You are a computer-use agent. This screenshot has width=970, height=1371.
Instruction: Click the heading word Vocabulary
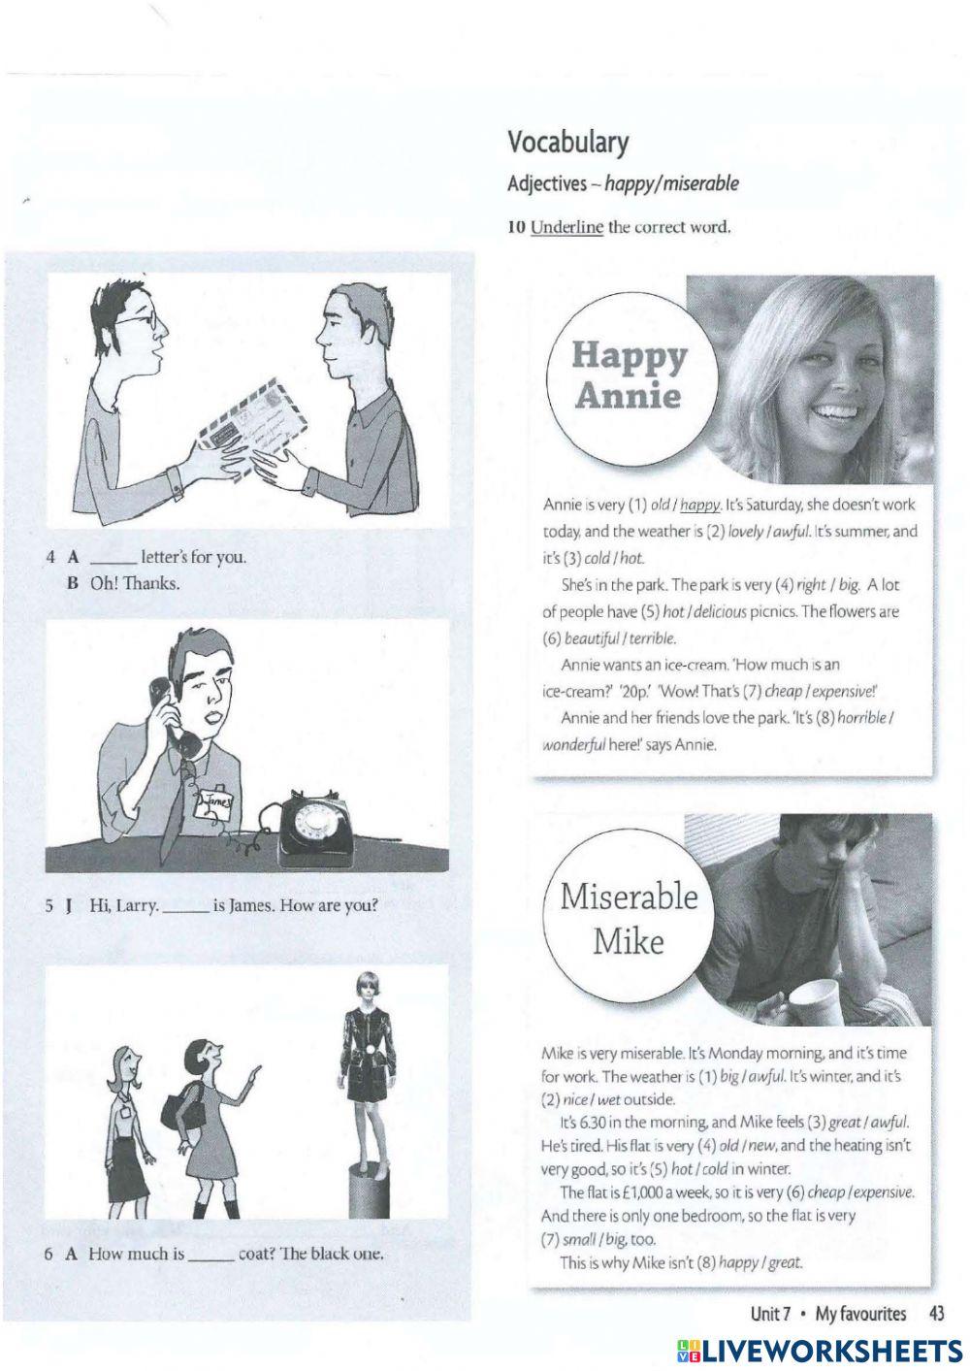[x=567, y=143]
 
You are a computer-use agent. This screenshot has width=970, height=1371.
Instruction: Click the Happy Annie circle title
[x=629, y=375]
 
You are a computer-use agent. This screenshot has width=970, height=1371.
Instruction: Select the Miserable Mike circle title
[x=629, y=918]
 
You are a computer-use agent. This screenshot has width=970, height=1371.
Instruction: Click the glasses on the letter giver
[x=141, y=320]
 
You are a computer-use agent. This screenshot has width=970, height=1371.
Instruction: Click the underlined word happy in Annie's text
[x=700, y=506]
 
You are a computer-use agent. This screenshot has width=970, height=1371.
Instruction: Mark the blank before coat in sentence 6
[x=210, y=1254]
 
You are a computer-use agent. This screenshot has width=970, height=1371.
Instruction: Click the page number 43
[x=936, y=1314]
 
